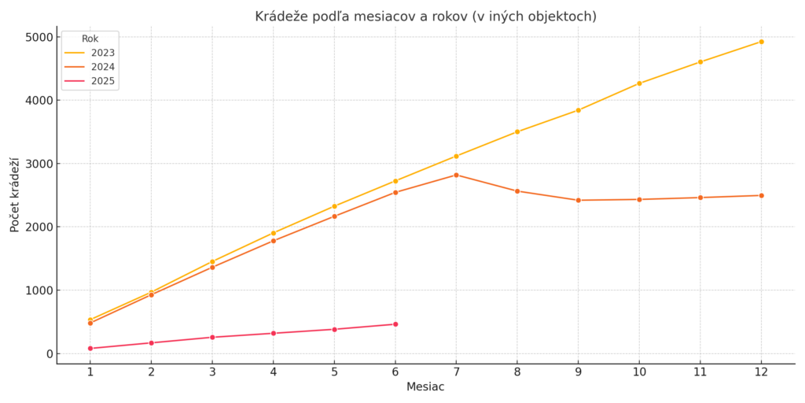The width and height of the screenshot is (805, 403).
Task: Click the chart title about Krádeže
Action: [425, 17]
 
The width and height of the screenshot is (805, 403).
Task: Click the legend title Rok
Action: [90, 39]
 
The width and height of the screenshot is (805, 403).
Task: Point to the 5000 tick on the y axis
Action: [39, 37]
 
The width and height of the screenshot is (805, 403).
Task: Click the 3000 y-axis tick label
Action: [39, 164]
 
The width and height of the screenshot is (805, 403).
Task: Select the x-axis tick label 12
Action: [761, 372]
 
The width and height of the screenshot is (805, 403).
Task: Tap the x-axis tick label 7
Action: [456, 372]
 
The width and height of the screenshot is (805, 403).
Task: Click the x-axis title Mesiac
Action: [425, 387]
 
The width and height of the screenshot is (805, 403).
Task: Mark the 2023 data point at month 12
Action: [761, 42]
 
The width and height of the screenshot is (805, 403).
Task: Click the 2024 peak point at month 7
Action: [456, 175]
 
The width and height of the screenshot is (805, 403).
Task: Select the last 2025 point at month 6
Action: [395, 324]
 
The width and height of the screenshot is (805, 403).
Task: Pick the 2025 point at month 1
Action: [90, 348]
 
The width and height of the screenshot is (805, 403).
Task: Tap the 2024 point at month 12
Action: [761, 195]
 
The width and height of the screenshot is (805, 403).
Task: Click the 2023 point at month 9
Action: [578, 110]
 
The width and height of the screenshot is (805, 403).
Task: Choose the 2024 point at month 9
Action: [578, 200]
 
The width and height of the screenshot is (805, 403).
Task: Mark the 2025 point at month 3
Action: [212, 337]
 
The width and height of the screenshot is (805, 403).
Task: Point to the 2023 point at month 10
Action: [639, 83]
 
